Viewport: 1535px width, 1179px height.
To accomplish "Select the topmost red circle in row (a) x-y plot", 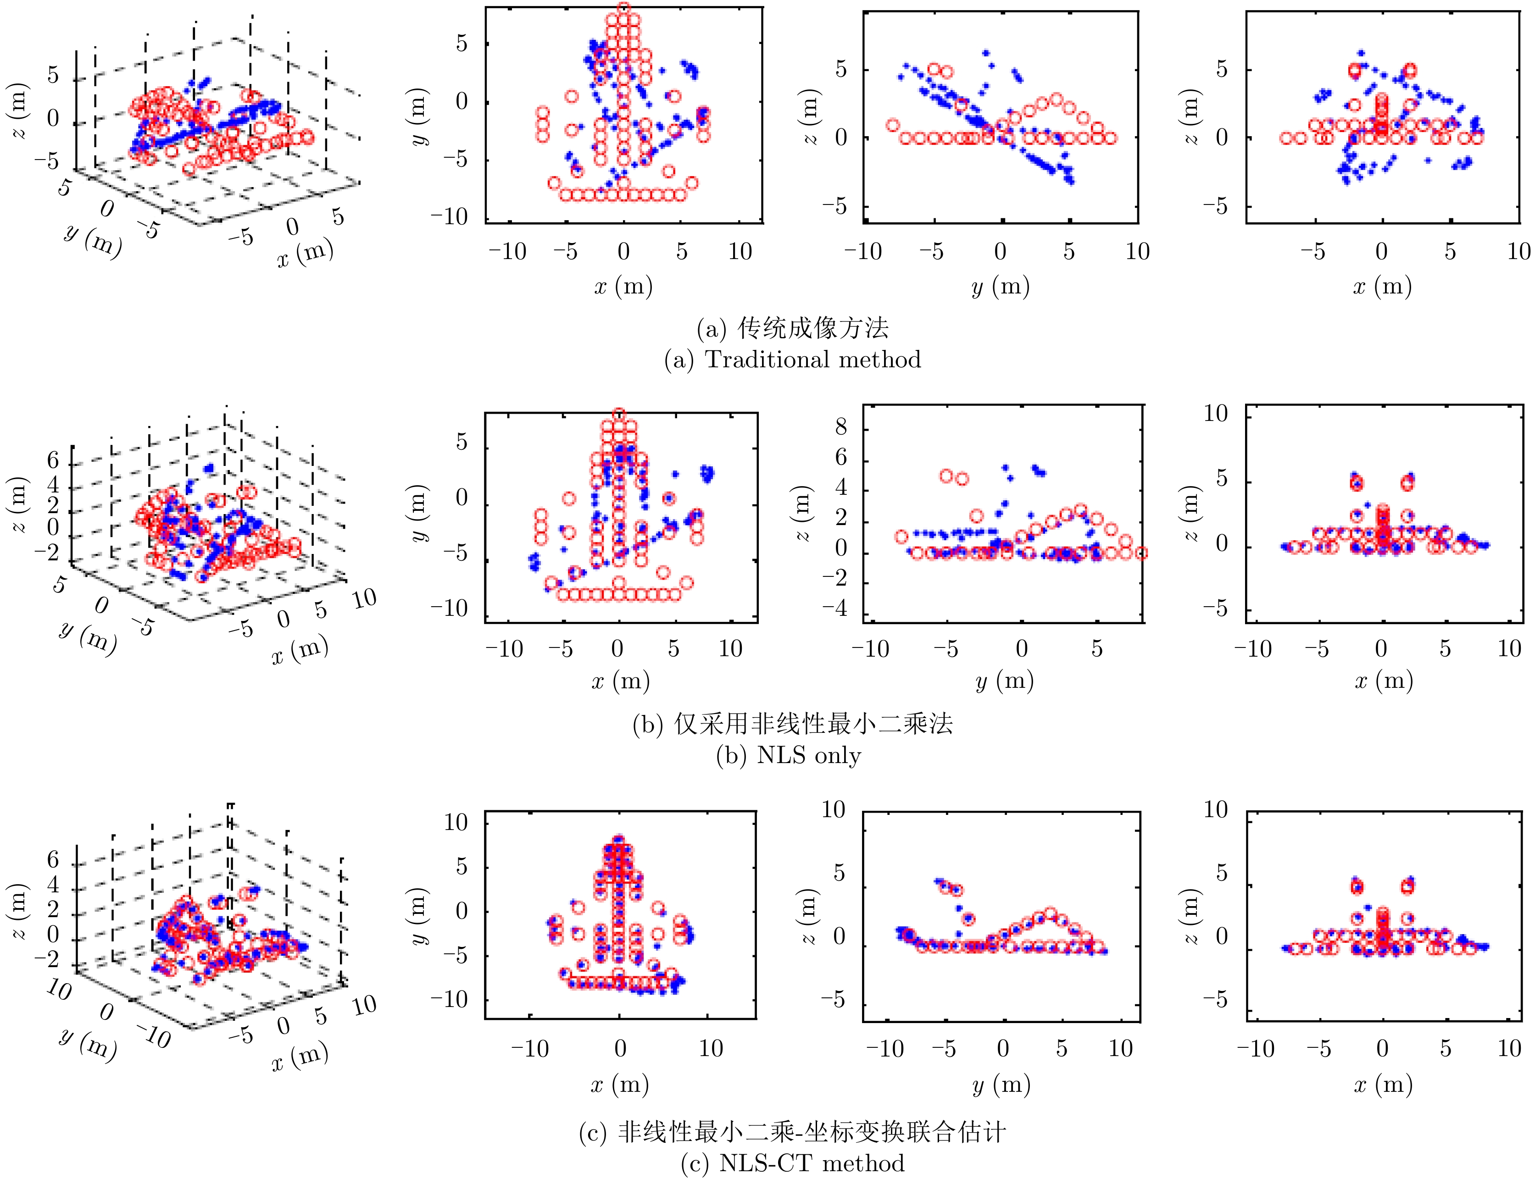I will point(623,8).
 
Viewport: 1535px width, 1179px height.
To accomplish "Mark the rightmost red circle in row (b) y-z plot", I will point(1141,553).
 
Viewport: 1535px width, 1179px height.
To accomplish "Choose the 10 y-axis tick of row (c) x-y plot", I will point(456,823).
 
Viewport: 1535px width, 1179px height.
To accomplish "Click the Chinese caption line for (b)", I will point(793,724).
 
